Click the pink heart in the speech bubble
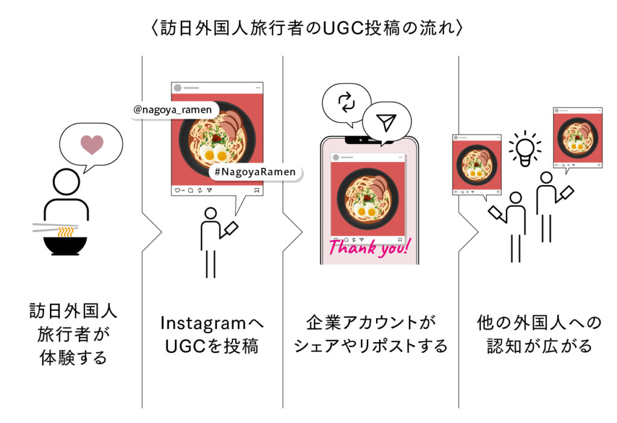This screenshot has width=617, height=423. coord(92,145)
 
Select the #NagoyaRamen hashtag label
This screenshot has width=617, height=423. coord(255,172)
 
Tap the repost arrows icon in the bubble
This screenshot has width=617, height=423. coord(346,103)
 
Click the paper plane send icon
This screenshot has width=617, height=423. coord(386,123)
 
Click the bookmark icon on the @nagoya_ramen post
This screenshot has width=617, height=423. coord(257,190)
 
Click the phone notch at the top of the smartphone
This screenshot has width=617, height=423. coord(369,140)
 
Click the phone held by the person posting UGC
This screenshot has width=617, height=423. coord(230,229)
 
